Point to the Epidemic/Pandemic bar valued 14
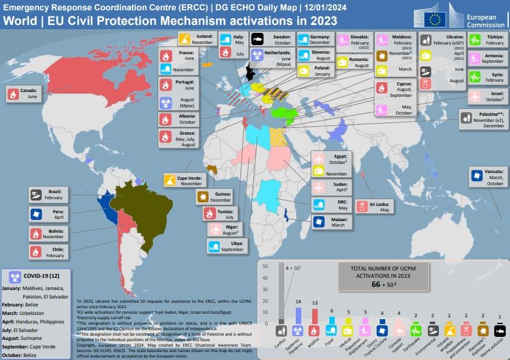[298, 315]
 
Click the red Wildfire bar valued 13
[315, 316]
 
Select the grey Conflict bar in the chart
[281, 293]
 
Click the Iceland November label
[196, 40]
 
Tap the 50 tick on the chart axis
[265, 266]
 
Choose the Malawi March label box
[332, 222]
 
